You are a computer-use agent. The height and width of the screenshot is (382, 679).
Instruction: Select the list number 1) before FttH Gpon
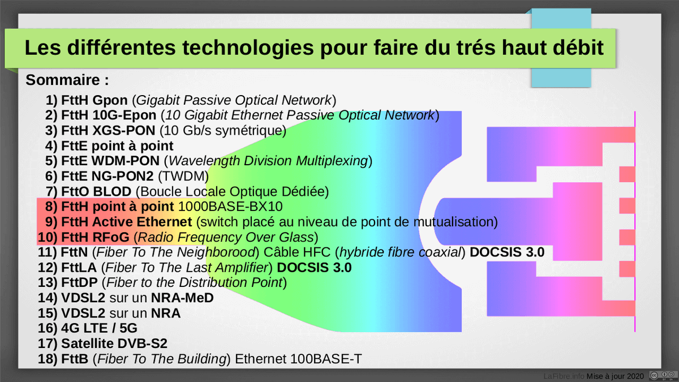51,101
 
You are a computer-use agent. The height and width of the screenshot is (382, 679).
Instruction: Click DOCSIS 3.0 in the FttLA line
314,267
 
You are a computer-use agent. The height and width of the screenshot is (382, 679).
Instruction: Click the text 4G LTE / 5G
100,328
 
